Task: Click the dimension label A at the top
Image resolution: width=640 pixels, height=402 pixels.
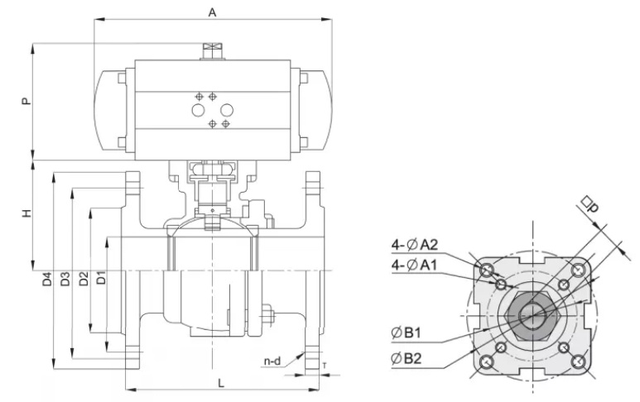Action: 212,12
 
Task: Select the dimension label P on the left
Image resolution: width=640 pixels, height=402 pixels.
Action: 26,101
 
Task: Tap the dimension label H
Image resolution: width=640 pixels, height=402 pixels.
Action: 26,213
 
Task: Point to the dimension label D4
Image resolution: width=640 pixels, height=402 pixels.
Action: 48,279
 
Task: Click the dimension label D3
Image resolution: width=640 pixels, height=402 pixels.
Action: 65,279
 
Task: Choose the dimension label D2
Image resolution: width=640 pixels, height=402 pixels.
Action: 84,279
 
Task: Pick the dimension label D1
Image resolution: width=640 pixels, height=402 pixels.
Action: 101,278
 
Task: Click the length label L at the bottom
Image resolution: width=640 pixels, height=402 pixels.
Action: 221,383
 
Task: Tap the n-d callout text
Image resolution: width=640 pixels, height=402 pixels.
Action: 272,361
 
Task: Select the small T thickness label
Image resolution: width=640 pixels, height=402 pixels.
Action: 325,366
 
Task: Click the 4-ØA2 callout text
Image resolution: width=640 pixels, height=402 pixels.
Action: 414,245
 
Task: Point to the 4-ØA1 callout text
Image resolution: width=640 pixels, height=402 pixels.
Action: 414,265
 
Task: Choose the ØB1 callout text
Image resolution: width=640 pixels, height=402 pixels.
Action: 406,333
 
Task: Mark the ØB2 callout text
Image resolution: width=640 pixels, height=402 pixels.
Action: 407,358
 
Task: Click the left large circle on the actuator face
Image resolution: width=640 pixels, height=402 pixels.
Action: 199,110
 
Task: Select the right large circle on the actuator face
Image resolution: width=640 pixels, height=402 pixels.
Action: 227,110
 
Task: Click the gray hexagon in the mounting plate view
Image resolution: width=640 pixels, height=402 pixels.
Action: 532,315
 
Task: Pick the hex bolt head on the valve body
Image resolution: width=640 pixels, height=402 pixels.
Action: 266,314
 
